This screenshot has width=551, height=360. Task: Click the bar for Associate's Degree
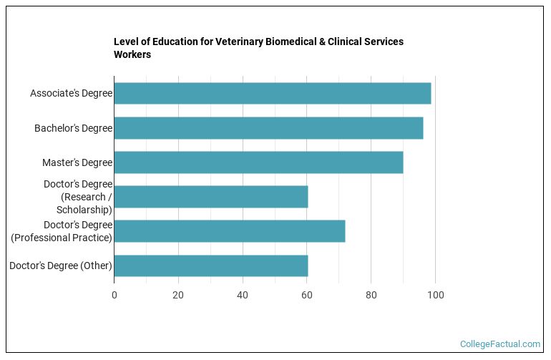[272, 94]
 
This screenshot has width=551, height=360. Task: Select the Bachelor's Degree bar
[268, 128]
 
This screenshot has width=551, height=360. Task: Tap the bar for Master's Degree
[258, 162]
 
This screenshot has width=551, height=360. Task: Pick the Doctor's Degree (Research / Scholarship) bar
[210, 197]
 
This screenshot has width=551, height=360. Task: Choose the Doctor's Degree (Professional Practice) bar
[229, 231]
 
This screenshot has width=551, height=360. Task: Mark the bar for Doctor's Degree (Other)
[210, 266]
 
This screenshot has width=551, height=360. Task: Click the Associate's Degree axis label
[71, 94]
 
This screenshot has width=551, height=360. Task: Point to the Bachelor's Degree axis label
[73, 128]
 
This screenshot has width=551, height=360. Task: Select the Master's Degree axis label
[77, 162]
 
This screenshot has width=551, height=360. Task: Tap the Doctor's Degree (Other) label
[61, 266]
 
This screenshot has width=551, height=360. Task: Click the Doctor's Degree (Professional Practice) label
[62, 231]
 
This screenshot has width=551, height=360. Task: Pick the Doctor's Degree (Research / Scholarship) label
[77, 197]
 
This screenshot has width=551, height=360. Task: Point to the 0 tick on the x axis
[114, 295]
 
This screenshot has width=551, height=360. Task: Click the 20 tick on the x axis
[178, 295]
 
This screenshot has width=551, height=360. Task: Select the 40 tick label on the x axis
[243, 295]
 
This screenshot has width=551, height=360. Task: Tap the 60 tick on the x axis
[307, 295]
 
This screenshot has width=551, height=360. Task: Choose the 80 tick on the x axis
[371, 295]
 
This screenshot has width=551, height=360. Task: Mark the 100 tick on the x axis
[435, 295]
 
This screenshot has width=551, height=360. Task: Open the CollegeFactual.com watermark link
[499, 344]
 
